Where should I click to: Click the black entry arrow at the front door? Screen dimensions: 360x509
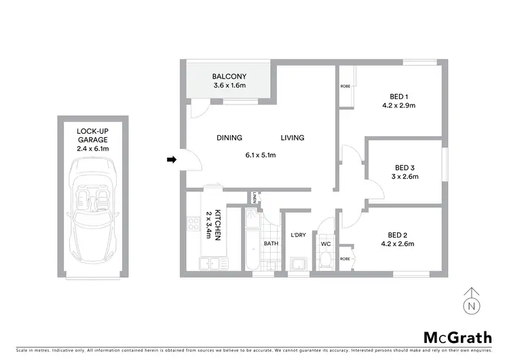coord(171,160)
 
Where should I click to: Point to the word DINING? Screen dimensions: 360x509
coord(229,138)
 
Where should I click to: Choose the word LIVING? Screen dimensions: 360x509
coord(292,138)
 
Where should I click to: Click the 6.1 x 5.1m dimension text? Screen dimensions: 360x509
coord(260,155)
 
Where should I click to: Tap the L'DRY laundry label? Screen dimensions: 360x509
coord(298,235)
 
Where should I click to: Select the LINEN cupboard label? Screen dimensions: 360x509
coord(252,198)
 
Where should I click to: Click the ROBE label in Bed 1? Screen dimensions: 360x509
coord(345,86)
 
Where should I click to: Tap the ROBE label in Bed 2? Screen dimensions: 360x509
coord(345,259)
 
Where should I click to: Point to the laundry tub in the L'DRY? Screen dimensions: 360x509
coord(297,264)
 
